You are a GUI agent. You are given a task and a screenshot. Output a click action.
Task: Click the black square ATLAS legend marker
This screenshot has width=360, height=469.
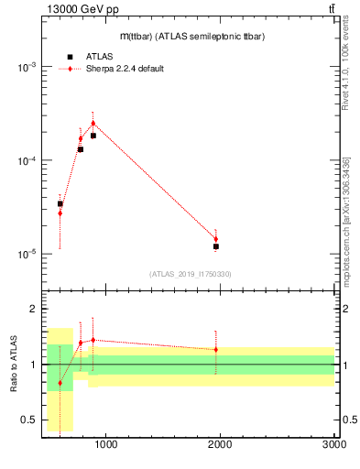(70, 57)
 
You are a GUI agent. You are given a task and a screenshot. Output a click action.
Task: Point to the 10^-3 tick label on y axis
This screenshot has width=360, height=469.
(24, 67)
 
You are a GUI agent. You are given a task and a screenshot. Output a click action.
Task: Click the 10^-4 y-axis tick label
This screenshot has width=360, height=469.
(24, 160)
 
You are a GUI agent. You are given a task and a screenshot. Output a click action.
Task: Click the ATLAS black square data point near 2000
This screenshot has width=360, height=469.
(216, 246)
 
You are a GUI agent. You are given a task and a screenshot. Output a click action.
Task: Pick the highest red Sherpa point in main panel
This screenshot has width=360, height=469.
(93, 123)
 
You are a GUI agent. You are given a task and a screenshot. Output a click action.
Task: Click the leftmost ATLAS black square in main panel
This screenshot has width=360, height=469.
(60, 203)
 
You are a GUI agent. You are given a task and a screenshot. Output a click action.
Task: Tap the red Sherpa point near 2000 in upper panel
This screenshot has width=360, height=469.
(216, 239)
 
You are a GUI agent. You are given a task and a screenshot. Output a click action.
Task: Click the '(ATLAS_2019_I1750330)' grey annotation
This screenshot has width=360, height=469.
(191, 274)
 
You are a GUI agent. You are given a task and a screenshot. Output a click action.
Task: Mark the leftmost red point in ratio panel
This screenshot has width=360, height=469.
(60, 383)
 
